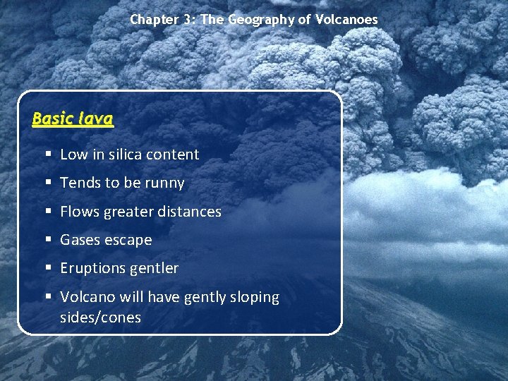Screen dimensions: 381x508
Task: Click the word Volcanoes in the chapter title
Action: point(347,20)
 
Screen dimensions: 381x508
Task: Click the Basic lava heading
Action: point(73,119)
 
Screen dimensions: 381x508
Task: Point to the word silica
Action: point(126,155)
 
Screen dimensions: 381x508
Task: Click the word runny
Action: point(164,183)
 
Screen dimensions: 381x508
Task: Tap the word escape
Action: point(130,240)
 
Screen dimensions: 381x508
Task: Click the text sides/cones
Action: point(100,317)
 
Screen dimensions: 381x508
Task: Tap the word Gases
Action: point(80,240)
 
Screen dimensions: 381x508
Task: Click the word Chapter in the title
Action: point(153,20)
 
